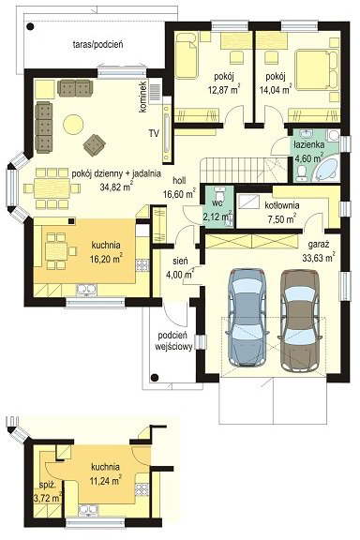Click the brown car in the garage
(x=299, y=321)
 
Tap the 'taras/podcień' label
(x=98, y=44)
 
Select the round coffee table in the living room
(x=73, y=124)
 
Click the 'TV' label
(x=154, y=133)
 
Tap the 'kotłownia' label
(x=282, y=205)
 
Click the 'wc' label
(x=218, y=202)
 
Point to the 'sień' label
(x=180, y=262)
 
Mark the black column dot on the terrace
(x=31, y=26)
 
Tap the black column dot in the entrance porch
(x=155, y=377)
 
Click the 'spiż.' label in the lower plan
(x=48, y=486)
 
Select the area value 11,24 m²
(x=105, y=480)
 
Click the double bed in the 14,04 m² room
(x=317, y=70)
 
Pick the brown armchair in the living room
(x=94, y=144)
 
